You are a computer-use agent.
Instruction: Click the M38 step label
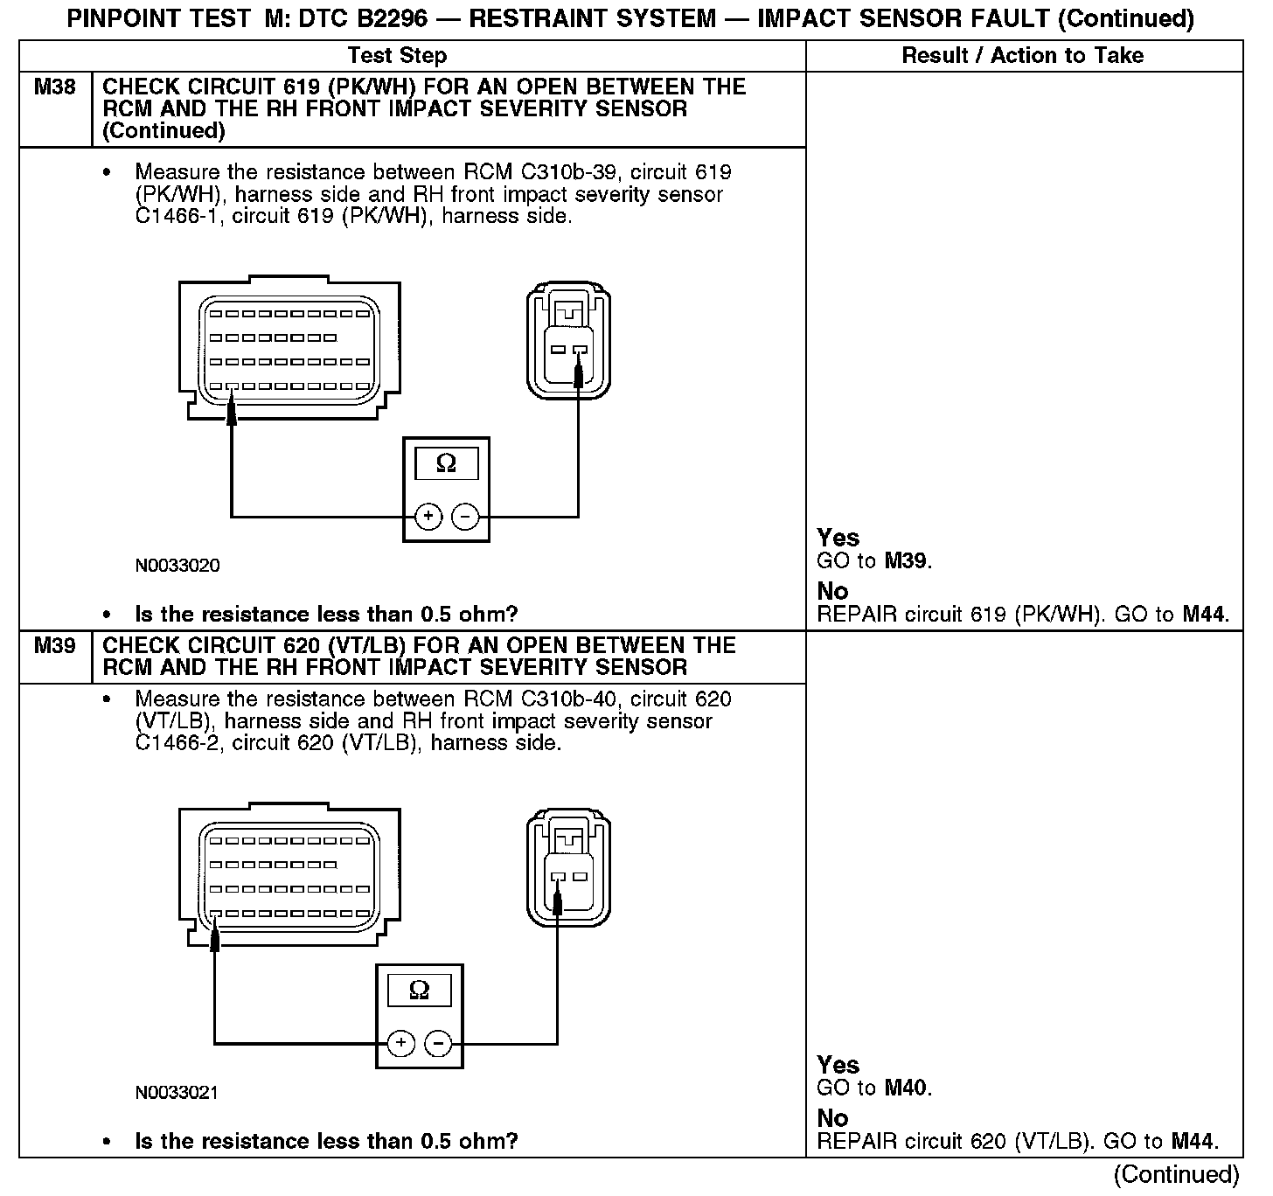54,87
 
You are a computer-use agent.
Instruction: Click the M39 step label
54,646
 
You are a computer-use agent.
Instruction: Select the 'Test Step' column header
397,56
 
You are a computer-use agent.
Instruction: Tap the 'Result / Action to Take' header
1022,56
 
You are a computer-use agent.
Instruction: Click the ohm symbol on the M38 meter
446,463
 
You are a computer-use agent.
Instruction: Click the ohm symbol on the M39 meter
420,991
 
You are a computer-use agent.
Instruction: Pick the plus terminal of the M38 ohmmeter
428,517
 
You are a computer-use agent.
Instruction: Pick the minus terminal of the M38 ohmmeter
465,517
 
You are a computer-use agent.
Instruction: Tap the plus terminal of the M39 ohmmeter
401,1043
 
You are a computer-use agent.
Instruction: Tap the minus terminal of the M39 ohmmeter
438,1043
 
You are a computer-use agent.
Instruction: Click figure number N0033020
177,566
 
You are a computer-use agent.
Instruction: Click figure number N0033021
177,1093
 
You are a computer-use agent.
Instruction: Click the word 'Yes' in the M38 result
838,538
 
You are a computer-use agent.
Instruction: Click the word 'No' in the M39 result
832,1118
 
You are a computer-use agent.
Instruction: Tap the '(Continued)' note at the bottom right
1176,1174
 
